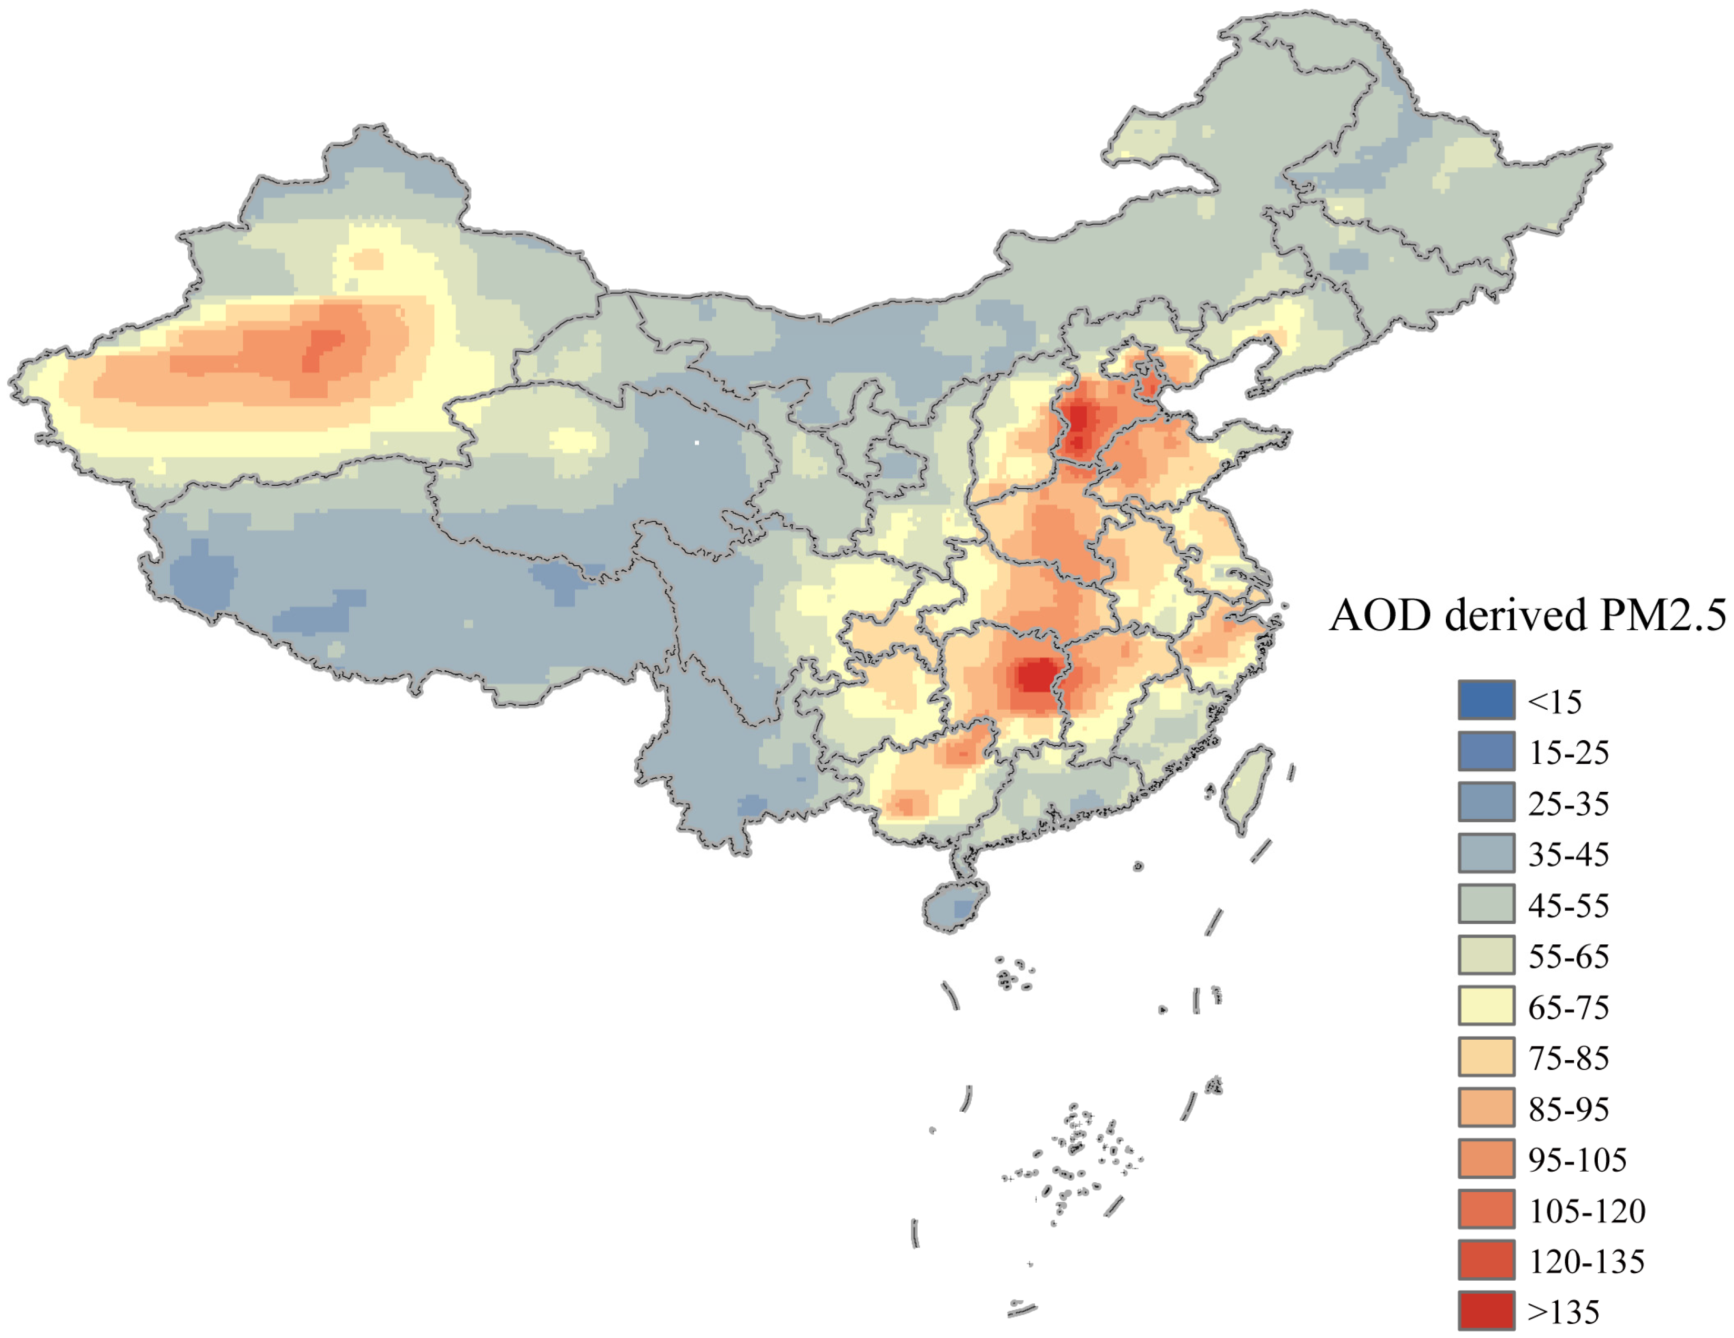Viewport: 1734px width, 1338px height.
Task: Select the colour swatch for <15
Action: pos(1485,700)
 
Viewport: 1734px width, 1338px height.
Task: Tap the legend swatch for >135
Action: pos(1485,1311)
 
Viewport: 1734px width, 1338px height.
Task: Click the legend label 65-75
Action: pos(1568,1007)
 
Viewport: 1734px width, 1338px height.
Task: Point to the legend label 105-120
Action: pos(1586,1210)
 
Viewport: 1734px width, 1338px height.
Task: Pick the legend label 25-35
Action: pos(1568,803)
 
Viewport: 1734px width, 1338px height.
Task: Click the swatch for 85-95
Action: pos(1485,1108)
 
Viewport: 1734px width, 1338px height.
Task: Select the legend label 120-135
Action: pos(1586,1261)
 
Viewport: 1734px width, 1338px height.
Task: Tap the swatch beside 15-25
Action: pos(1485,751)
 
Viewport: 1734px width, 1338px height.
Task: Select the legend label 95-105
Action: pos(1577,1159)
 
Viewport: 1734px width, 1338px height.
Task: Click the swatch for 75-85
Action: pos(1485,1057)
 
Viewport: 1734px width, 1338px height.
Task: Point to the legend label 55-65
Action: pos(1568,956)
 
